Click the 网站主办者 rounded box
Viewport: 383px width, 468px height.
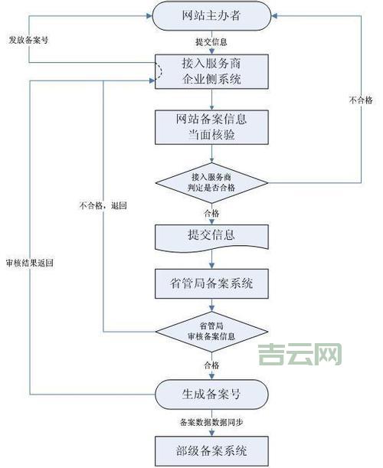pyautogui.click(x=211, y=16)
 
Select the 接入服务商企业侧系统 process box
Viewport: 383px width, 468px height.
pyautogui.click(x=211, y=71)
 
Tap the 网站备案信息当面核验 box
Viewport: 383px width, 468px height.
pyautogui.click(x=211, y=126)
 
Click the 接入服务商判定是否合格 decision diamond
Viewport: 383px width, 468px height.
pyautogui.click(x=211, y=182)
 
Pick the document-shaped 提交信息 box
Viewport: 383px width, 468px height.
pyautogui.click(x=211, y=237)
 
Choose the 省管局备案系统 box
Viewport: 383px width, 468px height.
pyautogui.click(x=211, y=284)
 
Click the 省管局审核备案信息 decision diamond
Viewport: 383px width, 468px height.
pyautogui.click(x=211, y=332)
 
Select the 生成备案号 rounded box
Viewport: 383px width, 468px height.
pyautogui.click(x=211, y=394)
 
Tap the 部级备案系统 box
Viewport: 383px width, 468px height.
pyautogui.click(x=211, y=449)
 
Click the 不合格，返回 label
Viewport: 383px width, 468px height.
pyautogui.click(x=102, y=206)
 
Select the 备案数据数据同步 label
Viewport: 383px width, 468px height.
pyautogui.click(x=211, y=422)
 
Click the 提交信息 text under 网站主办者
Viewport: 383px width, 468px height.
pyautogui.click(x=211, y=42)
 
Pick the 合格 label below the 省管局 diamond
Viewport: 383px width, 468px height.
pyautogui.click(x=211, y=365)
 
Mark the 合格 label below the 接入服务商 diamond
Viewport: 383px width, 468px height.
pyautogui.click(x=211, y=212)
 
